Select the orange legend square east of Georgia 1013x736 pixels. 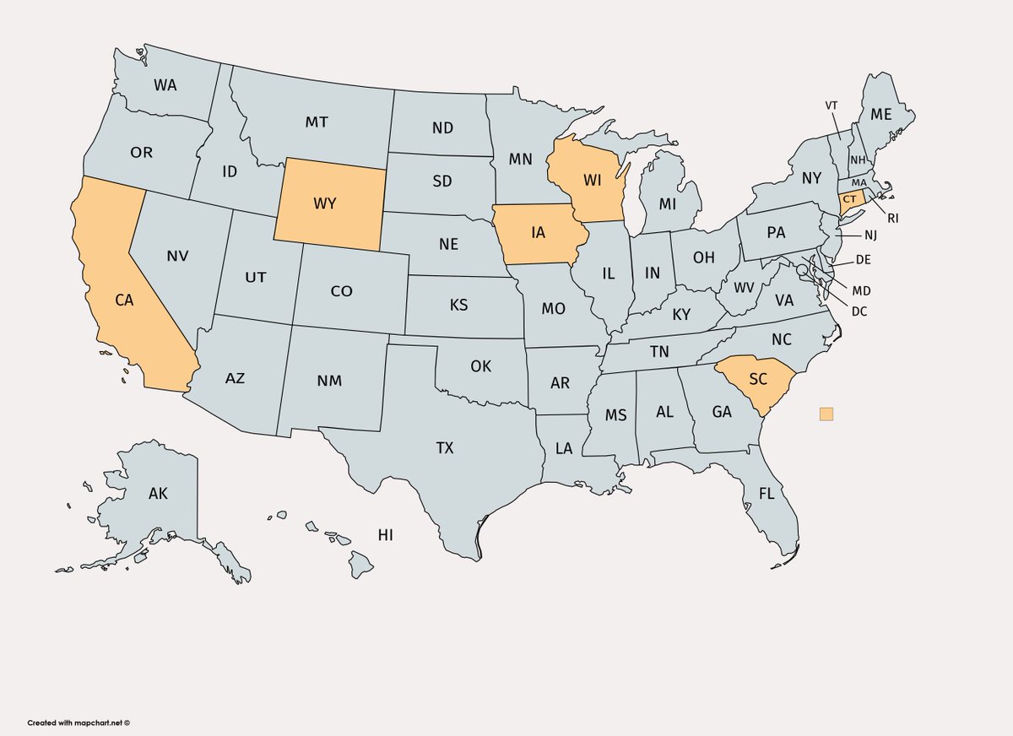[x=826, y=414]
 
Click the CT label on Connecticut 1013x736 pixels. [x=850, y=198]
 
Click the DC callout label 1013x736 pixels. [x=859, y=311]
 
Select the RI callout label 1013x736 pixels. [x=892, y=218]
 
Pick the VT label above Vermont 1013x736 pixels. [x=832, y=105]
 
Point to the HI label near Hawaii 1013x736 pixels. [x=386, y=535]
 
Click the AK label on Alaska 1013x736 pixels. [x=158, y=494]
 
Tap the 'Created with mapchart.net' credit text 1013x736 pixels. [x=79, y=722]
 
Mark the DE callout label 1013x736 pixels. [x=863, y=260]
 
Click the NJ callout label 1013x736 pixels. [x=870, y=235]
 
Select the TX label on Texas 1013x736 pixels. [x=445, y=448]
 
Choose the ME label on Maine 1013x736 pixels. [x=880, y=115]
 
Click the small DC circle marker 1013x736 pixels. [x=801, y=270]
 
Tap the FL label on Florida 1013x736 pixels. [x=766, y=494]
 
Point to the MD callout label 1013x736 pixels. [x=861, y=291]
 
